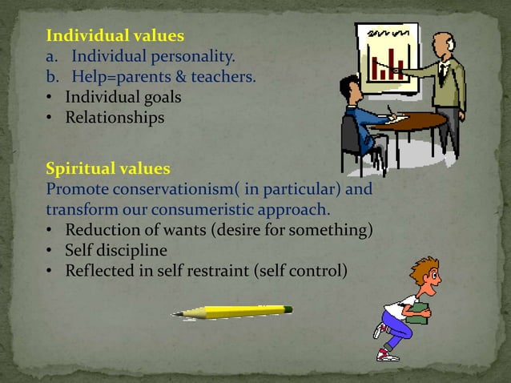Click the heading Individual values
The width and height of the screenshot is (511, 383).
pyautogui.click(x=115, y=36)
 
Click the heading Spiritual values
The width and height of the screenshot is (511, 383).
pyautogui.click(x=108, y=169)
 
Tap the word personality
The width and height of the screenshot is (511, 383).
pyautogui.click(x=193, y=57)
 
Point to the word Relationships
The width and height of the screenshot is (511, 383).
pyautogui.click(x=115, y=118)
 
